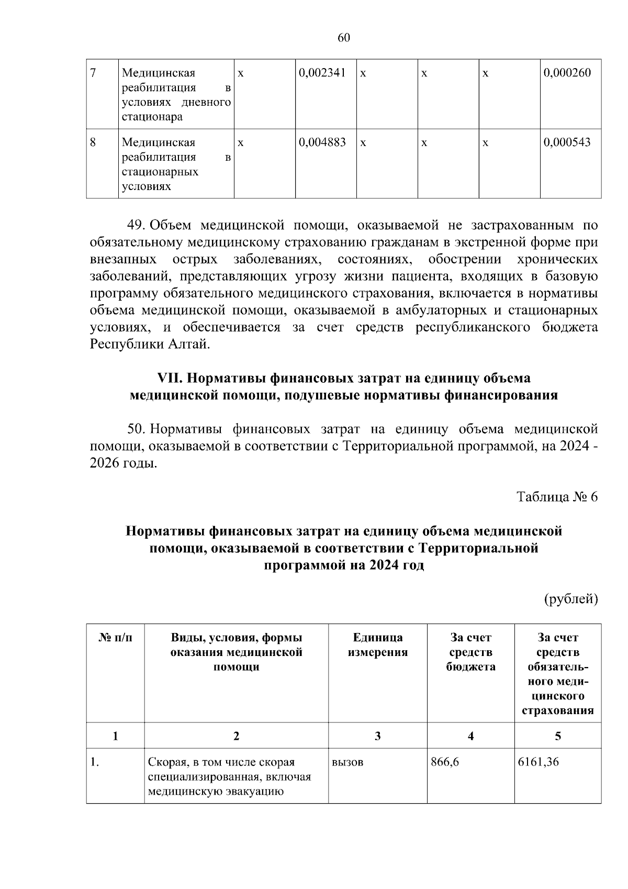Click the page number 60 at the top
343,38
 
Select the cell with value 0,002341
322,73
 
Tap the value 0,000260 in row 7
567,73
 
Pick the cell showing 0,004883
322,142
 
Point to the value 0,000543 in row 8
567,142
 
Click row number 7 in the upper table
93,73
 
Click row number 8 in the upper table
93,142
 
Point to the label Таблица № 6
557,497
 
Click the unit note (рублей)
571,598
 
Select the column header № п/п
115,638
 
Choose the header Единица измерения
377,645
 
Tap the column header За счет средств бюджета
470,652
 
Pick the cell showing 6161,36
538,762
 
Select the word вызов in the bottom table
347,762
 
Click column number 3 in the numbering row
377,736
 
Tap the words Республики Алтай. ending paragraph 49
150,345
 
